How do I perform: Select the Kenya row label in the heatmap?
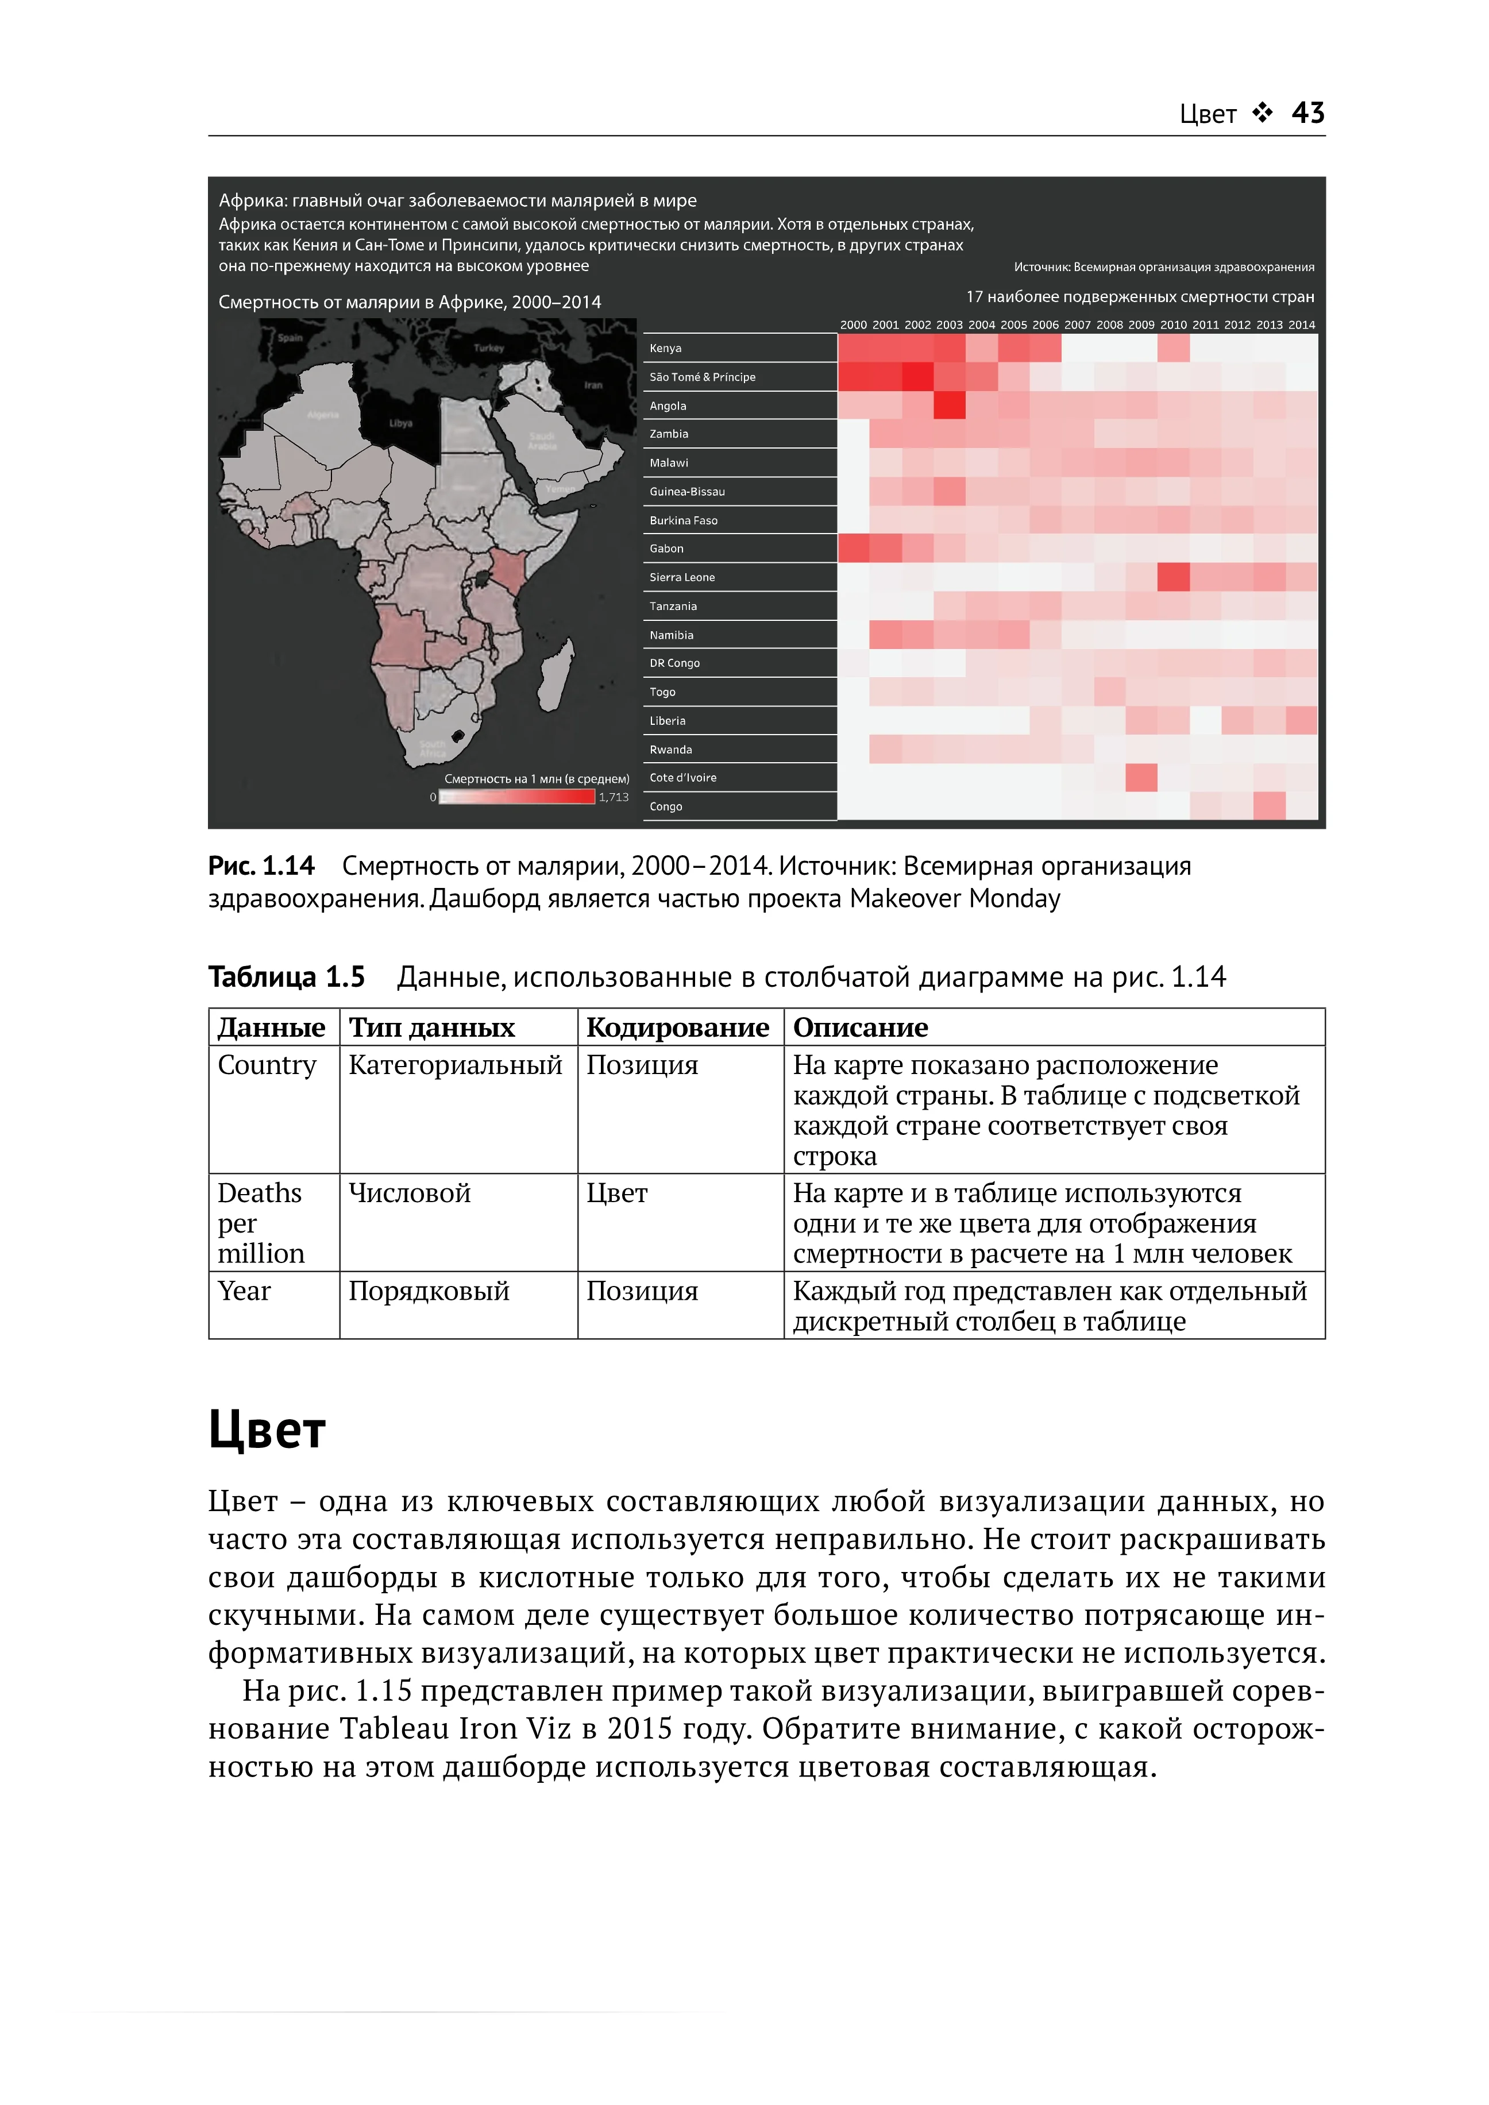(x=666, y=349)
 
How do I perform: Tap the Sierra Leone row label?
(x=682, y=578)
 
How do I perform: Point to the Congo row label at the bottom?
(x=666, y=807)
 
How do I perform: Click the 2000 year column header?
(x=854, y=325)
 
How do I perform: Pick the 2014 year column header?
(x=1301, y=325)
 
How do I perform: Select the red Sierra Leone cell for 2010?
(x=1174, y=578)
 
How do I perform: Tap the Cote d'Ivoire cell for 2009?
(x=1141, y=778)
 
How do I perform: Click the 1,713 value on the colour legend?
(x=614, y=797)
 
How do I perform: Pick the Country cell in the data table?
(x=267, y=1065)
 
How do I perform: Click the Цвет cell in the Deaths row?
(x=617, y=1194)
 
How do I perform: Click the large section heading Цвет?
(x=267, y=1430)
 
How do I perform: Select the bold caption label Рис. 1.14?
(x=261, y=866)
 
